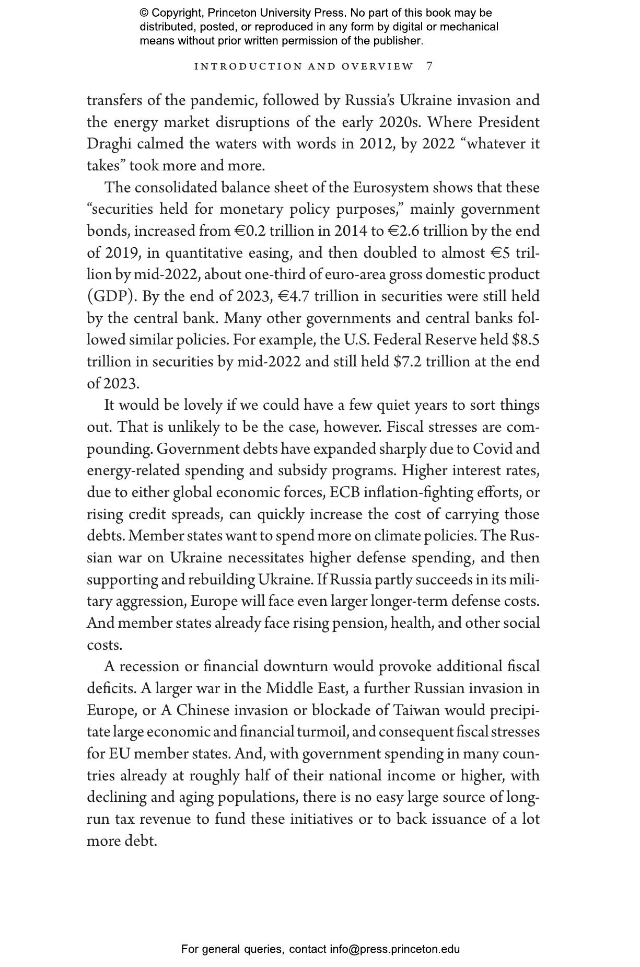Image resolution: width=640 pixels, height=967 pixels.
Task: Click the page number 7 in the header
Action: click(429, 66)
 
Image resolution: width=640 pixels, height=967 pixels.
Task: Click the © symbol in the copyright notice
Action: click(144, 13)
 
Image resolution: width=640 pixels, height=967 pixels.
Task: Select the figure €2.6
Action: click(405, 231)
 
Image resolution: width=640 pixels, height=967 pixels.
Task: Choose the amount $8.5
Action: click(526, 340)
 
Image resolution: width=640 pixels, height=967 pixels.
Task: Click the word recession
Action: click(149, 667)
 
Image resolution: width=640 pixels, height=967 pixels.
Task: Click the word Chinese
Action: click(203, 710)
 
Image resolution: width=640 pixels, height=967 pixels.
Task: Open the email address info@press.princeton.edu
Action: click(394, 949)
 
